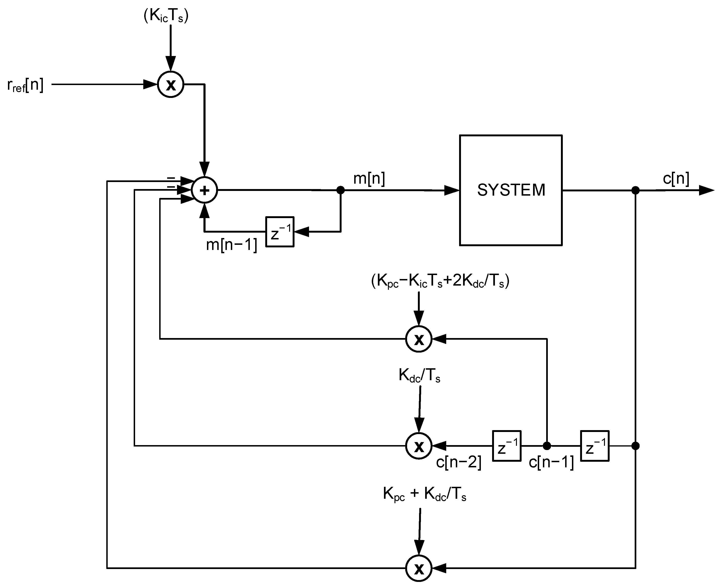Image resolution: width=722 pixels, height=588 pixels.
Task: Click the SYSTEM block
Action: [x=510, y=190]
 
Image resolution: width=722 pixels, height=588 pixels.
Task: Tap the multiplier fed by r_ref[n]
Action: [x=171, y=84]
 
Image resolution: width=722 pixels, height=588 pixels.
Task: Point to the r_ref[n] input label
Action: [x=25, y=85]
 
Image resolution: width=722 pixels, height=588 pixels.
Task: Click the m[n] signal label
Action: [x=369, y=178]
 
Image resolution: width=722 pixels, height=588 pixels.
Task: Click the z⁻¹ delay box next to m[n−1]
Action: [x=280, y=232]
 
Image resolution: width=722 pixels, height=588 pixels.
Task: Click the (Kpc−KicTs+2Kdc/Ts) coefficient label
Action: [x=440, y=281]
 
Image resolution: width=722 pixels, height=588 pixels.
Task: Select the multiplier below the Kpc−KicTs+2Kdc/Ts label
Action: [x=419, y=339]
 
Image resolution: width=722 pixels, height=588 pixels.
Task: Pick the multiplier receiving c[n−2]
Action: [x=419, y=446]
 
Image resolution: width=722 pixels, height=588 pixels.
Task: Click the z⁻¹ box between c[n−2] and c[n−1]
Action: [x=506, y=446]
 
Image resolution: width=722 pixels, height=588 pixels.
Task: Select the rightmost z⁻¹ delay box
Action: [x=595, y=446]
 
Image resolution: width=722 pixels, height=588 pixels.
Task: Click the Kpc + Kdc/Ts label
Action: [x=424, y=494]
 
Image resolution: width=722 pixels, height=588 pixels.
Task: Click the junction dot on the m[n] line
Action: [x=341, y=190]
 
